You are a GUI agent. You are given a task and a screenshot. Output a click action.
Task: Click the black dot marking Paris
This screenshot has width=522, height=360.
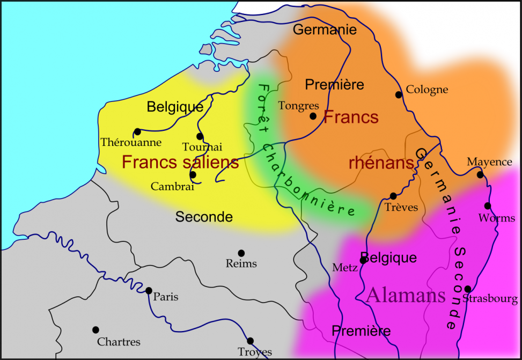coord(149,291)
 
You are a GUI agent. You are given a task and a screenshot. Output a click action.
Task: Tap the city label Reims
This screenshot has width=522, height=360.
coord(241,263)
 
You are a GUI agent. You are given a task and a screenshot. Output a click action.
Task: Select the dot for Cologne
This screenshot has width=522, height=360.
coord(399,95)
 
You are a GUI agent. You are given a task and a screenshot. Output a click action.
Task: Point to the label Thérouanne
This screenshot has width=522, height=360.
coord(131,142)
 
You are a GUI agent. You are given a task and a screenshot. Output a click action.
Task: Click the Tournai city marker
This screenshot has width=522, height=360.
coord(200,136)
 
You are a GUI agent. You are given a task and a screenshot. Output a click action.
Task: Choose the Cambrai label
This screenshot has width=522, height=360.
coord(172,187)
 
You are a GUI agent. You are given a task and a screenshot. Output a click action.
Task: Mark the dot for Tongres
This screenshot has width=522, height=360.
coord(313,115)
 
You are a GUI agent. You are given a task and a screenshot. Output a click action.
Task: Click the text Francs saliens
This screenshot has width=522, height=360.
coord(180,163)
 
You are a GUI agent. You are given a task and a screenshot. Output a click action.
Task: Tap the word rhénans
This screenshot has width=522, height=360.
coord(381,163)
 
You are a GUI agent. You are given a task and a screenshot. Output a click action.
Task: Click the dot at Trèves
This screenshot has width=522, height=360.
coord(393,196)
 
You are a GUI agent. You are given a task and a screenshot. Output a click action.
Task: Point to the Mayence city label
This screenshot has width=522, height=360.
coord(489,161)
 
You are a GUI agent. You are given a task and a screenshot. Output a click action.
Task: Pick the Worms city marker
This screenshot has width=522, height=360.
coord(488,206)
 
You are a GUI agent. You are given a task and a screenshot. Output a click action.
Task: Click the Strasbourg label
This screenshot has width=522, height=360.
coord(490,299)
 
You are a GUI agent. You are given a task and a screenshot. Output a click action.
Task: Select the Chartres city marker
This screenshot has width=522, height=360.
coord(95,330)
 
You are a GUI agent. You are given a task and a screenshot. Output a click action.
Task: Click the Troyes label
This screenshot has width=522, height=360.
coord(255,352)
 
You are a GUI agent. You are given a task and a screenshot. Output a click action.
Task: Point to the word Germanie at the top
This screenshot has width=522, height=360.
coord(325,30)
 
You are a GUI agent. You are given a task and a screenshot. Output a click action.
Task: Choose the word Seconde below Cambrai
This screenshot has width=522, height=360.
coord(204,217)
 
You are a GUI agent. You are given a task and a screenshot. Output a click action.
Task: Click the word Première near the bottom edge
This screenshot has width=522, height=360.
coord(361,330)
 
